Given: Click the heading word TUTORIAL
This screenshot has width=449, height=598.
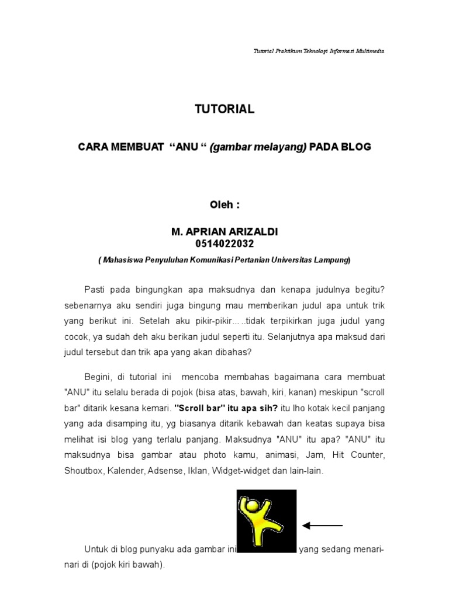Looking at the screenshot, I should pos(224,109).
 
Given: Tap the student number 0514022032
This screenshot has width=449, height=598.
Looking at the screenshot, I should pos(224,244).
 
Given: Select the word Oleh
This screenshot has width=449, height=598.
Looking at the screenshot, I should pos(221,205).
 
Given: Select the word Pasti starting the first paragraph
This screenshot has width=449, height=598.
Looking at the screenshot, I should pos(95,290).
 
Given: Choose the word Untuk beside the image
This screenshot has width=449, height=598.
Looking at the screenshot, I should pos(96,550).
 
